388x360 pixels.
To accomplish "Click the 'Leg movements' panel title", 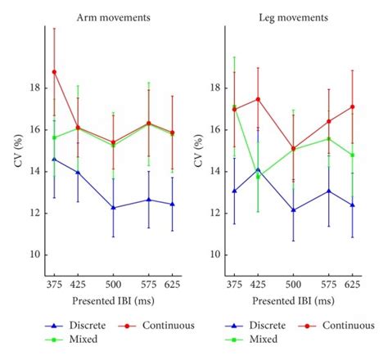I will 288,16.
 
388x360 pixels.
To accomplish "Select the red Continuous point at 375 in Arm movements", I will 54,72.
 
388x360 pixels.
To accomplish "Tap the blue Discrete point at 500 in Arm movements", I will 113,208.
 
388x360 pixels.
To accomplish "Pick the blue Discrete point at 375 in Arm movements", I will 54,159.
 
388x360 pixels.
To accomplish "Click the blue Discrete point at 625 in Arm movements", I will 172,204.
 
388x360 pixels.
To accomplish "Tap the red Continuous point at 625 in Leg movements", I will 352,106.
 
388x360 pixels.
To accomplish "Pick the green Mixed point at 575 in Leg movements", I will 328,138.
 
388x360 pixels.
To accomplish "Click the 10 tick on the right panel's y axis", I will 213,254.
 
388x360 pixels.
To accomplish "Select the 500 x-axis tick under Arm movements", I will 113,285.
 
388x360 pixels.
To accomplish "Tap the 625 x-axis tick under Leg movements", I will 352,285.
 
